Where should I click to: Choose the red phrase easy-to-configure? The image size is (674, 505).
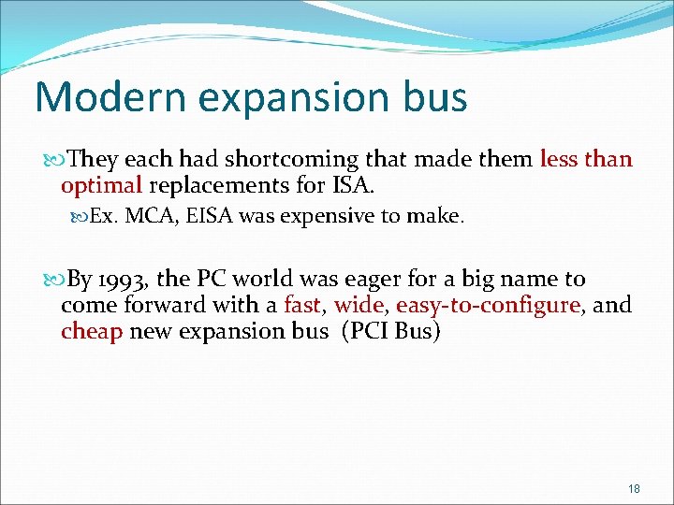pos(488,305)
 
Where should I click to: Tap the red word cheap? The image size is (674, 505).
pos(92,331)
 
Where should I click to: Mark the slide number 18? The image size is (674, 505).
pos(634,489)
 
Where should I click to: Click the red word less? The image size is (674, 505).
pos(558,160)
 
